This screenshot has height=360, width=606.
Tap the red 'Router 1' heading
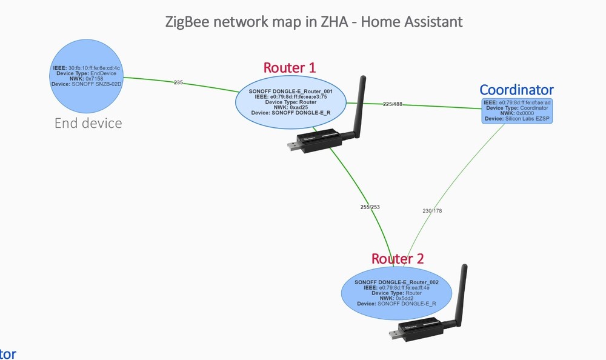(289, 67)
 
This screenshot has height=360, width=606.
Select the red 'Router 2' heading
(398, 258)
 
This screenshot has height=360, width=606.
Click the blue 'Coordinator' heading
(516, 90)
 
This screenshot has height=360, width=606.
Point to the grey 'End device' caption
(88, 124)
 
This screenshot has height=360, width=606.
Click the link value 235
(178, 82)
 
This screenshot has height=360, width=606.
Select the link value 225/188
(393, 104)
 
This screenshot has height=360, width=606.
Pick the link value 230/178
(432, 211)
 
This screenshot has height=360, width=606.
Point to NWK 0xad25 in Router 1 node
(298, 107)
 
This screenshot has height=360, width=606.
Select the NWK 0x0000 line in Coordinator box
(516, 113)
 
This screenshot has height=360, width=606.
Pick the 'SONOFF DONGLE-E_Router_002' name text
(396, 282)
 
